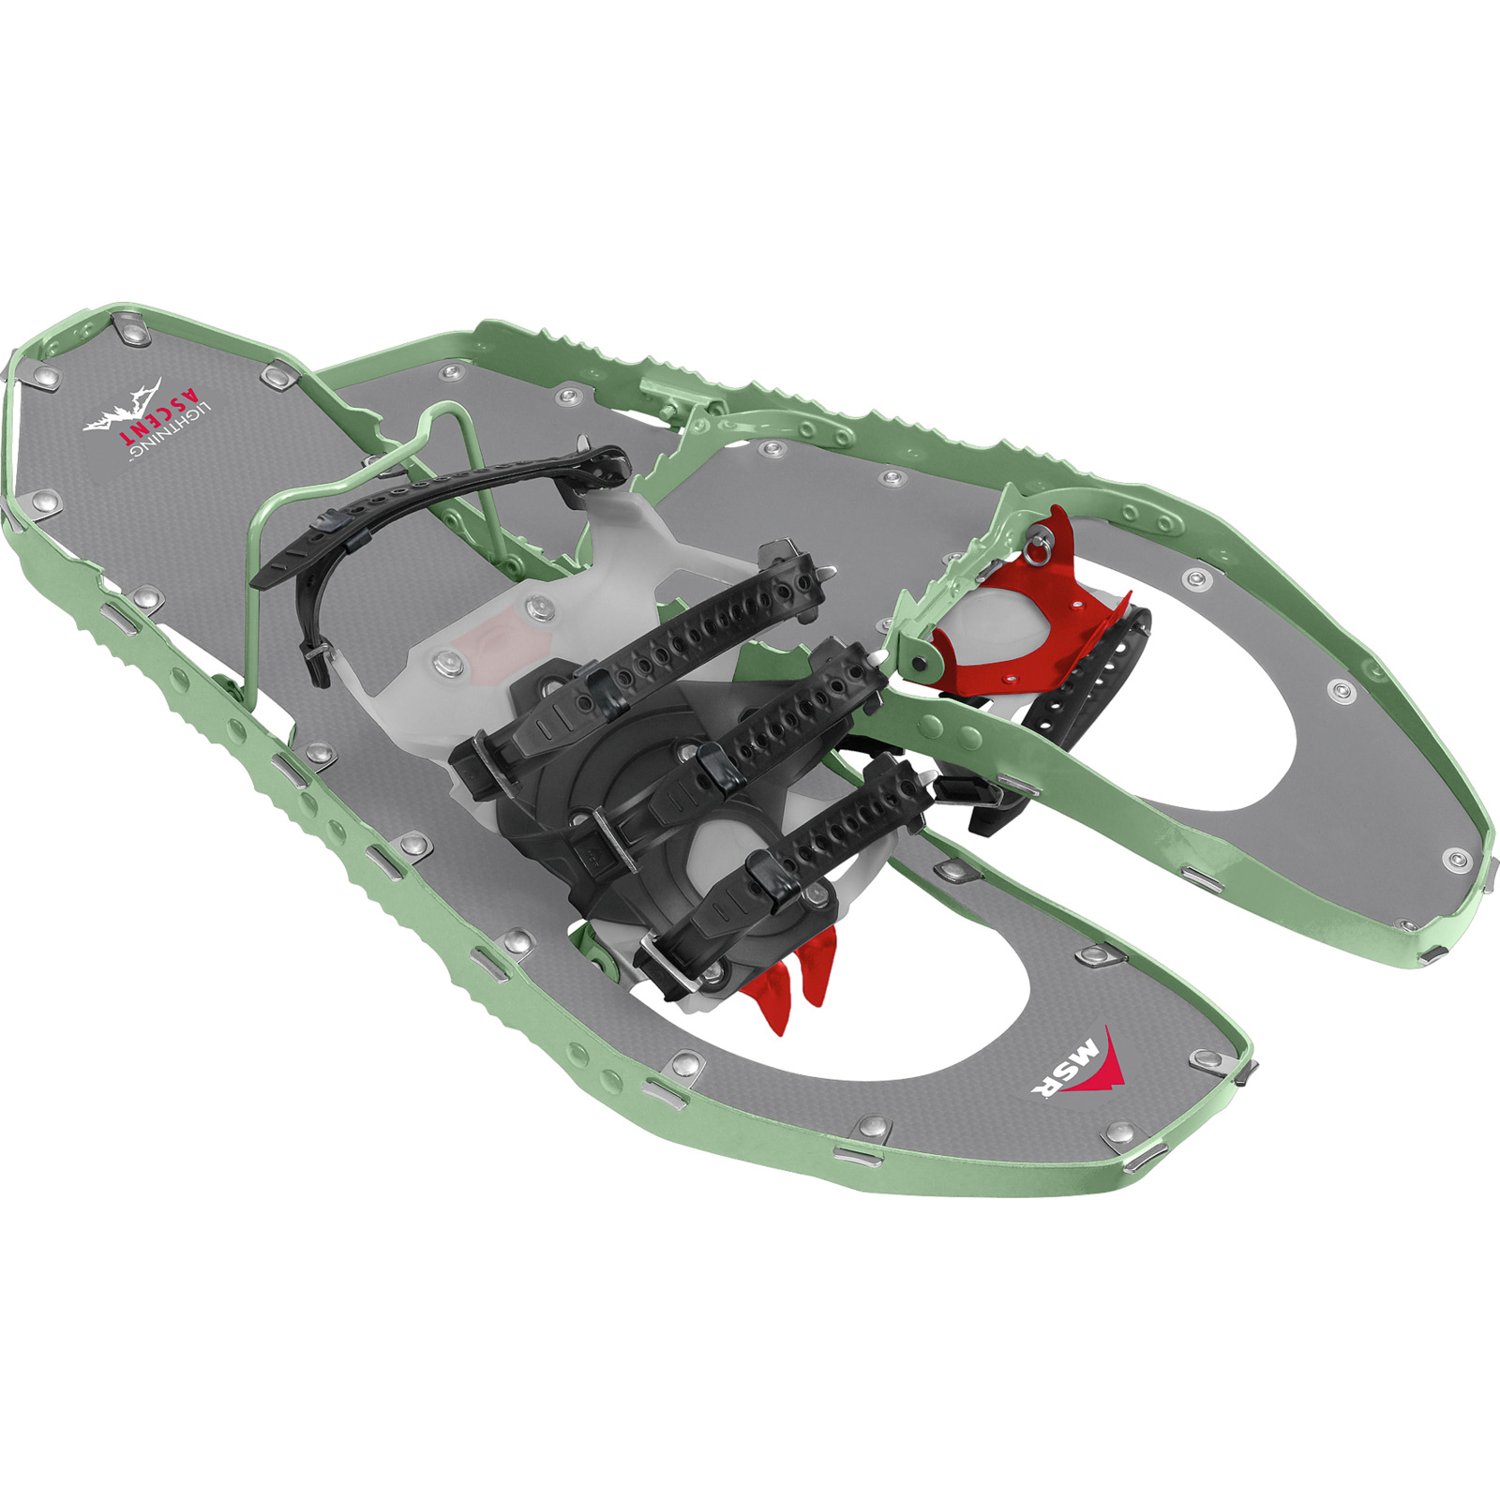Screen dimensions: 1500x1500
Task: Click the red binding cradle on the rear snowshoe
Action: coord(1022,600)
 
